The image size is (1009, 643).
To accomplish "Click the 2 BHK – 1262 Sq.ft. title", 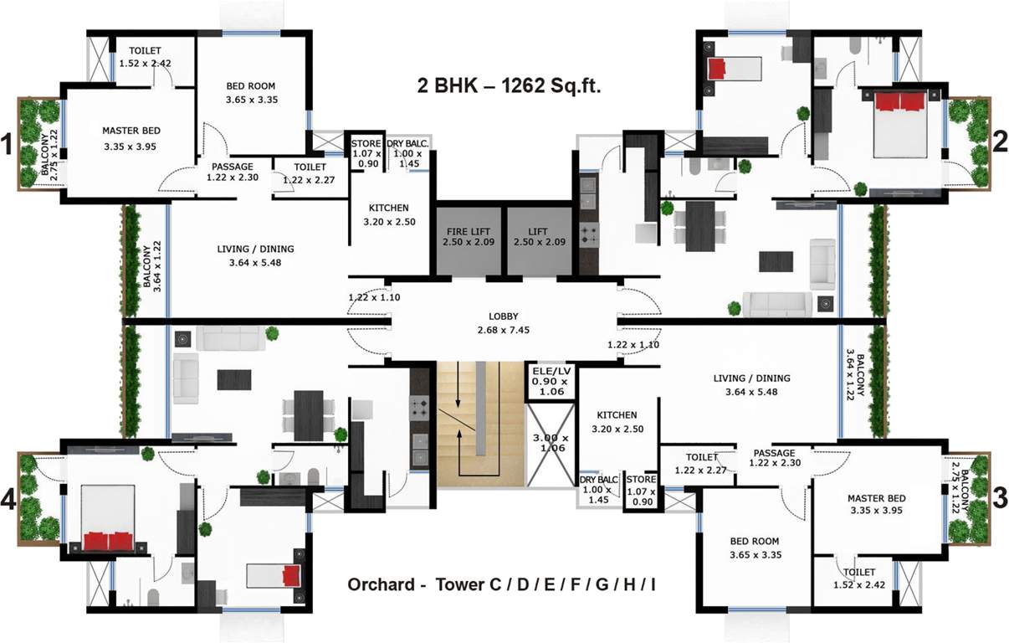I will point(509,85).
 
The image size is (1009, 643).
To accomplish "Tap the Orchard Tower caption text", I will point(501,584).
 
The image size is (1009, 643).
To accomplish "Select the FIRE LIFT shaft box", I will point(467,237).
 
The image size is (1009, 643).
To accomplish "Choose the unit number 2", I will point(1000,142).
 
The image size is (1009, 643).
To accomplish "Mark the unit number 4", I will point(8,501).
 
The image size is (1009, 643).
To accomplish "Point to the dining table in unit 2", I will point(699,225).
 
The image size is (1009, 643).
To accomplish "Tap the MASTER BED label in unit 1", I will point(131,131).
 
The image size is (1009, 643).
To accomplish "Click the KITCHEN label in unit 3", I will point(617,415).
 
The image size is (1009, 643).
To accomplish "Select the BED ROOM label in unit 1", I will point(251,85).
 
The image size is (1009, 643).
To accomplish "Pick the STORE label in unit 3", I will point(642,481).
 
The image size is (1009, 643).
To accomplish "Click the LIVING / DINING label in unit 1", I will point(255,249).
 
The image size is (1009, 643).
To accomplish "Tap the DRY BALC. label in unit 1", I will point(407,144).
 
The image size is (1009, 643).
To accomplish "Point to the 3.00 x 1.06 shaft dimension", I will point(550,442).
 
